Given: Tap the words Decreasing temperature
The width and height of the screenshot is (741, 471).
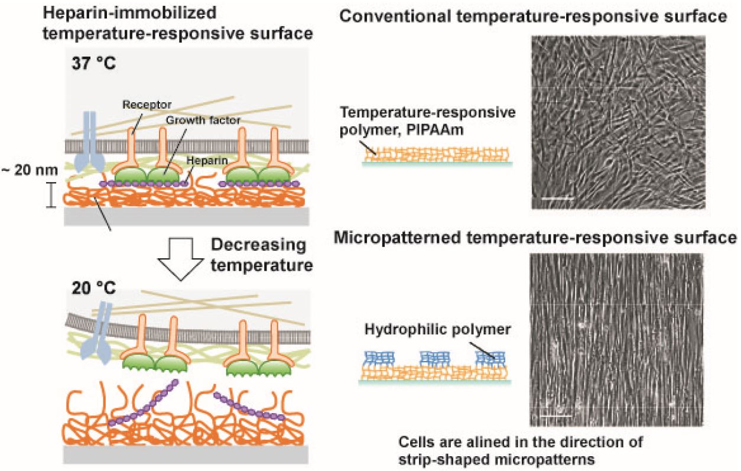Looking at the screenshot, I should click(x=261, y=255).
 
